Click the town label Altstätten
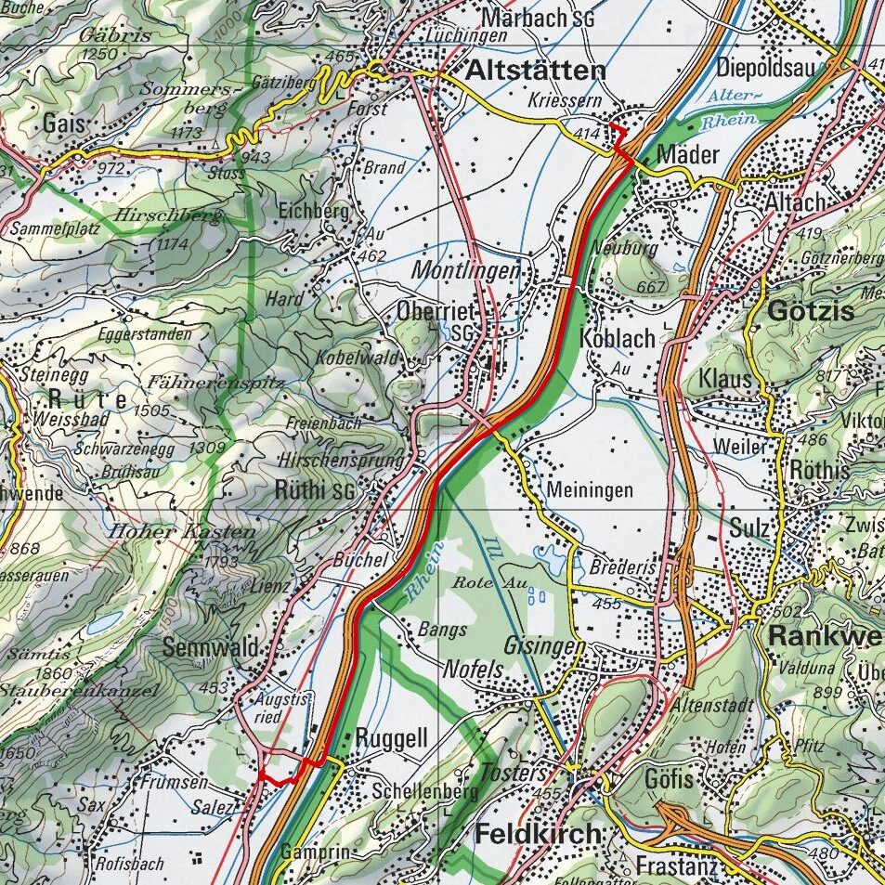pyautogui.click(x=536, y=71)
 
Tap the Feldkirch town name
pyautogui.click(x=538, y=834)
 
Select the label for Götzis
pyautogui.click(x=810, y=312)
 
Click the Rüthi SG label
pyautogui.click(x=315, y=491)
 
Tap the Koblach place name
pyautogui.click(x=618, y=338)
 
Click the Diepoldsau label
pyautogui.click(x=765, y=68)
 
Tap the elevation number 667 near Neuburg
pyautogui.click(x=651, y=287)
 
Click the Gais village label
pyautogui.click(x=63, y=124)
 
